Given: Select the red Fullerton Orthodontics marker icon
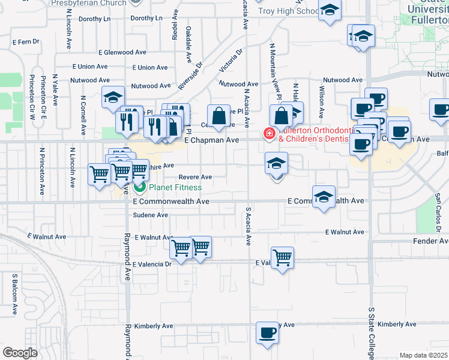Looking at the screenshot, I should tap(270, 133).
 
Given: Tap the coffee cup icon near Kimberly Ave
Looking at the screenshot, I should tap(267, 332).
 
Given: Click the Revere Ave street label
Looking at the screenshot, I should tap(196, 177).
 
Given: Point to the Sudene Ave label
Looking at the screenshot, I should tap(150, 215).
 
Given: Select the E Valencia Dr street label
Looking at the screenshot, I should tap(152, 264).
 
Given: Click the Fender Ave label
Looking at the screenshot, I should tap(430, 241).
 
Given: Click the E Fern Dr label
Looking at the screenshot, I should tap(26, 42).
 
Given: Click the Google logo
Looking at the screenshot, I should tap(20, 353).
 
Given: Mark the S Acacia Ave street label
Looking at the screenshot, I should tap(247, 226).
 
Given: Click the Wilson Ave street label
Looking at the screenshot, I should tap(322, 101).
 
